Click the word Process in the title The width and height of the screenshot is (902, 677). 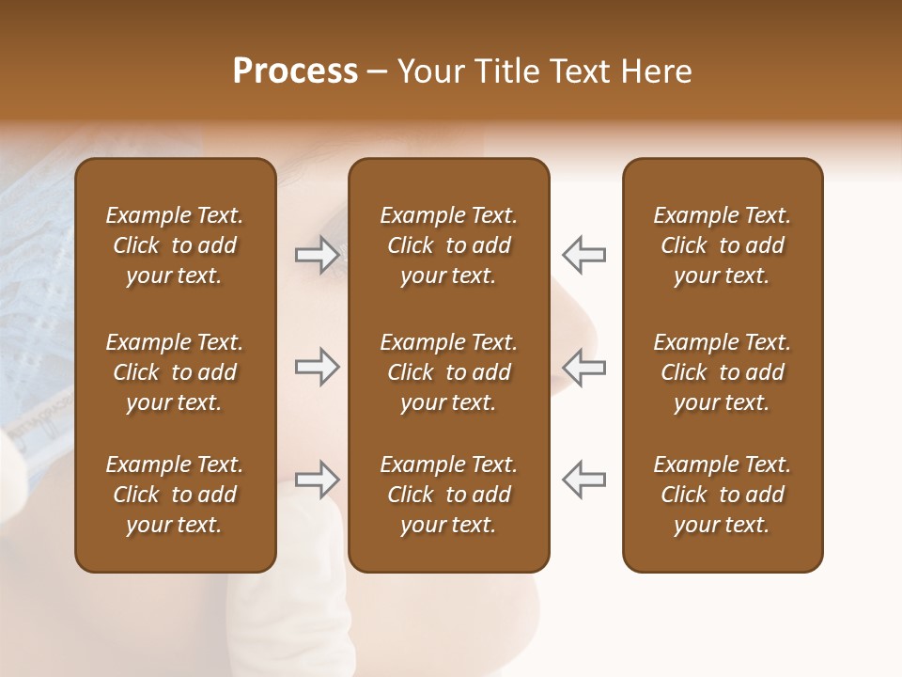click(x=295, y=71)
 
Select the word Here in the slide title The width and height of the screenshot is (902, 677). click(x=655, y=71)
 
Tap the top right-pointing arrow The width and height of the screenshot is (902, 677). click(x=317, y=255)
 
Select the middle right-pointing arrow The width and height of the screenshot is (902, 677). click(x=317, y=367)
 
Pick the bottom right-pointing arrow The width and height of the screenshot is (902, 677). click(x=317, y=479)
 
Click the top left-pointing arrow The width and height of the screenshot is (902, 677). click(x=583, y=255)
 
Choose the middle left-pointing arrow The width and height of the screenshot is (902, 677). click(x=583, y=367)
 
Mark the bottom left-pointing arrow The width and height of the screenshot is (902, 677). click(x=583, y=479)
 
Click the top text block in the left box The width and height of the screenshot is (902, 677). click(x=175, y=245)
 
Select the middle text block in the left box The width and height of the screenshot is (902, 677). click(x=175, y=372)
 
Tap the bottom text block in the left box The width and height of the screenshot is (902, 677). click(x=175, y=495)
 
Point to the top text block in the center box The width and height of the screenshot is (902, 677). click(x=448, y=245)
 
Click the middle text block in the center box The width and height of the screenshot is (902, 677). click(x=448, y=372)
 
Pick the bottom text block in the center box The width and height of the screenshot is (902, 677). click(x=448, y=495)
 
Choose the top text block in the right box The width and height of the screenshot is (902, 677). click(x=722, y=245)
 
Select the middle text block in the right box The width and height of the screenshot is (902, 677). click(x=722, y=372)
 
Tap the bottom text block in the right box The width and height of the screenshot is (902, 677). click(x=722, y=495)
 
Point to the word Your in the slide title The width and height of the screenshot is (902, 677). click(x=428, y=71)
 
